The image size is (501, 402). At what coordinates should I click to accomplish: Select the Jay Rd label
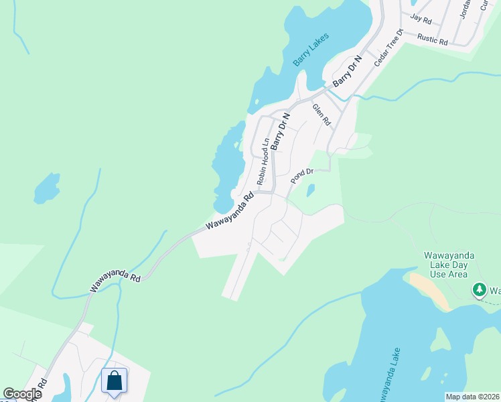(x=421, y=21)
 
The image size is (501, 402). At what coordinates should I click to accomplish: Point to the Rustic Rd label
(x=432, y=39)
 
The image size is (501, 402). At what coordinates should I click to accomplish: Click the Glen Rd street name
(x=321, y=115)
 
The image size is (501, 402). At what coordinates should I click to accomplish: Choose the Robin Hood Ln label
(x=263, y=161)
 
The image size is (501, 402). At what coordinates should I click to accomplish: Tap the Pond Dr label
(x=303, y=176)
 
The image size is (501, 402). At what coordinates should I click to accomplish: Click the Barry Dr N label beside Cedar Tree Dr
(x=347, y=71)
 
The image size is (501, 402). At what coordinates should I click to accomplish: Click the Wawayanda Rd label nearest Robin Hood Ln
(x=230, y=212)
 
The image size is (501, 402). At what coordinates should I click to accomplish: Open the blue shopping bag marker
(x=115, y=381)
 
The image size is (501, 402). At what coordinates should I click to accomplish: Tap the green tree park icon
(x=479, y=290)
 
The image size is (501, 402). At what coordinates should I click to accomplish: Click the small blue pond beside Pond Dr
(x=311, y=191)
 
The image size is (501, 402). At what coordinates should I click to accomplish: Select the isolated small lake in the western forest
(x=46, y=188)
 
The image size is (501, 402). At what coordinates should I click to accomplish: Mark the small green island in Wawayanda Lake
(x=439, y=343)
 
